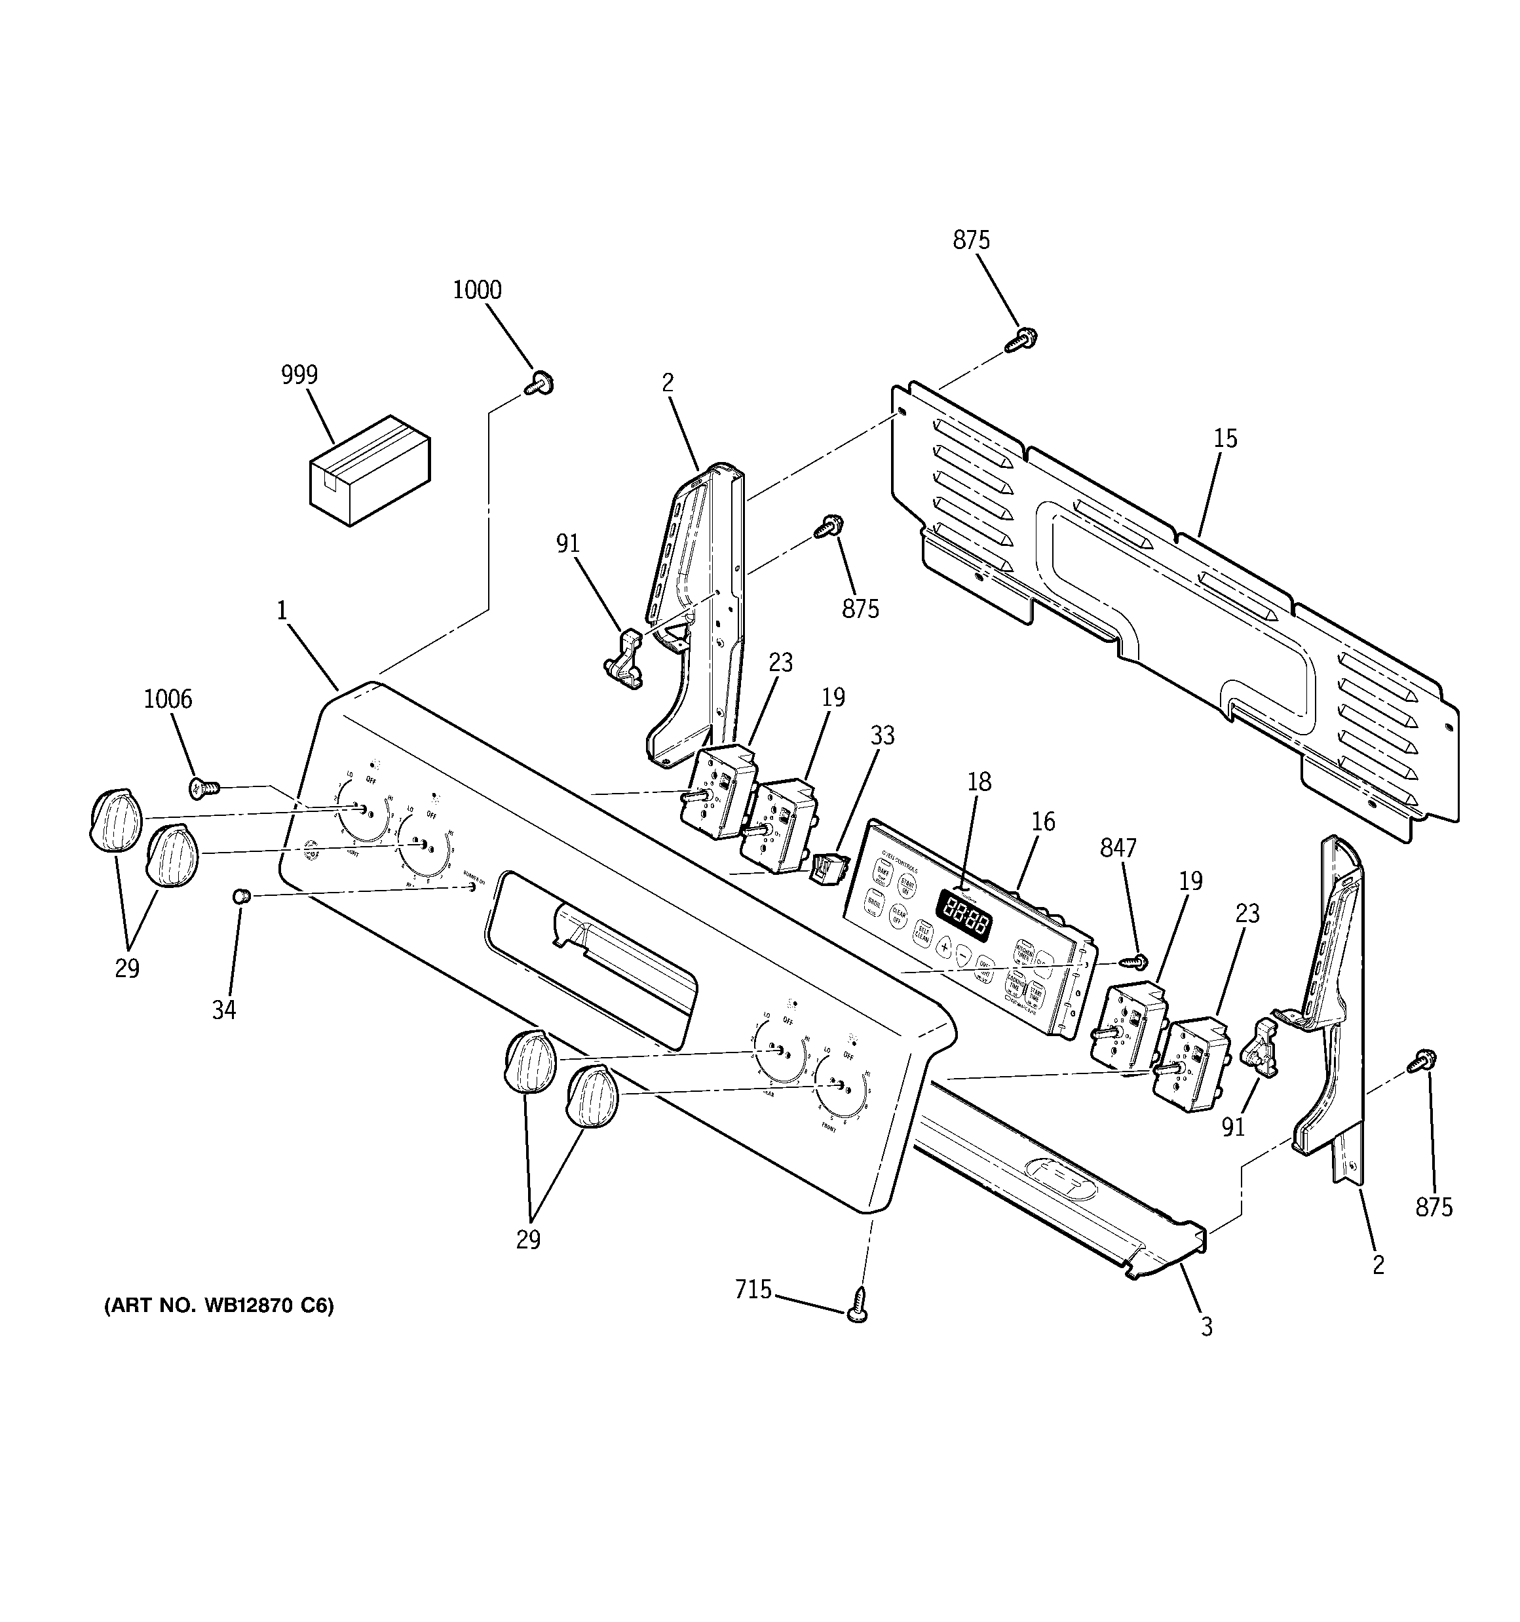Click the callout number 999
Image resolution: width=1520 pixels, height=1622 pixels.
(x=299, y=376)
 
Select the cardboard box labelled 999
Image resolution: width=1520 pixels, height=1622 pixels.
(x=370, y=470)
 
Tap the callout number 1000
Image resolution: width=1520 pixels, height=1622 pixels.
(x=478, y=290)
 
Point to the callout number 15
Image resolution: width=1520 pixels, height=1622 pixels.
(x=1225, y=439)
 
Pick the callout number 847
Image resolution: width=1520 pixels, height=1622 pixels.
(x=1118, y=849)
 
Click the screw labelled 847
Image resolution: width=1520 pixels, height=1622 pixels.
(x=1131, y=962)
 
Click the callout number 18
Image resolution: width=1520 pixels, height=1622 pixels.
(x=979, y=782)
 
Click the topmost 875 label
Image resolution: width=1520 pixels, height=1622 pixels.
(x=971, y=240)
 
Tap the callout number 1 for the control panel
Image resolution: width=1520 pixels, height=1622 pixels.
(x=282, y=610)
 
